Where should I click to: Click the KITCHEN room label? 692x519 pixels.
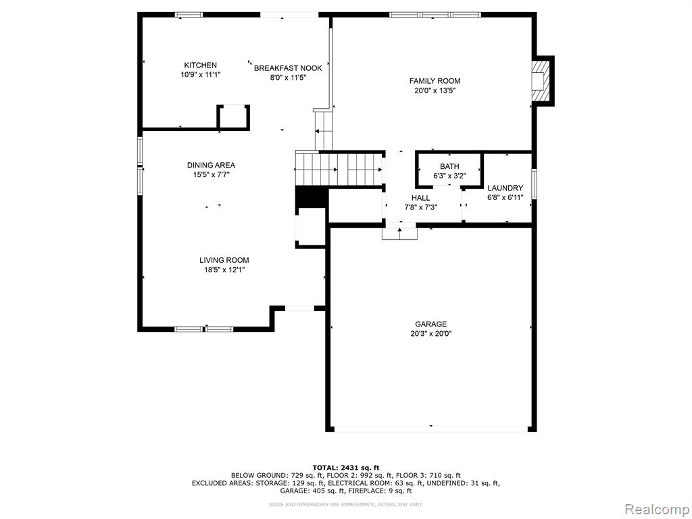pos(200,66)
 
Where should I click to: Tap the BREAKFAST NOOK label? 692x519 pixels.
pos(288,68)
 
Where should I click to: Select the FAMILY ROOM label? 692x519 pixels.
pos(435,81)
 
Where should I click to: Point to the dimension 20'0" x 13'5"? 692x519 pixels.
pos(435,91)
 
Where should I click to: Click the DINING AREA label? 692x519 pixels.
pos(211,166)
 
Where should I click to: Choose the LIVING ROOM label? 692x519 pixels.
pos(224,260)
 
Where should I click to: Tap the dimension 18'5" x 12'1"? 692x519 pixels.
pos(222,270)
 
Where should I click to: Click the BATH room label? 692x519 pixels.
pos(449,166)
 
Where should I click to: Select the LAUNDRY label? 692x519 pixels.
pos(505,188)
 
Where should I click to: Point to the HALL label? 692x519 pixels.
pos(420,198)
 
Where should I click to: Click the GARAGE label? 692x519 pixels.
pos(430,324)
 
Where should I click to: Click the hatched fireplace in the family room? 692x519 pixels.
pos(540,81)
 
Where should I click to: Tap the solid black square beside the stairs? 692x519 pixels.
pos(311,197)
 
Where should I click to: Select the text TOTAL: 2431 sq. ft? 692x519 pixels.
pos(346,468)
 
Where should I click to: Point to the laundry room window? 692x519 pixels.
pos(534,184)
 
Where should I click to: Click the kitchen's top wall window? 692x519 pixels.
pos(189,15)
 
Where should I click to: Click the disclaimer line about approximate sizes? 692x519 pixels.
pos(346,504)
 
